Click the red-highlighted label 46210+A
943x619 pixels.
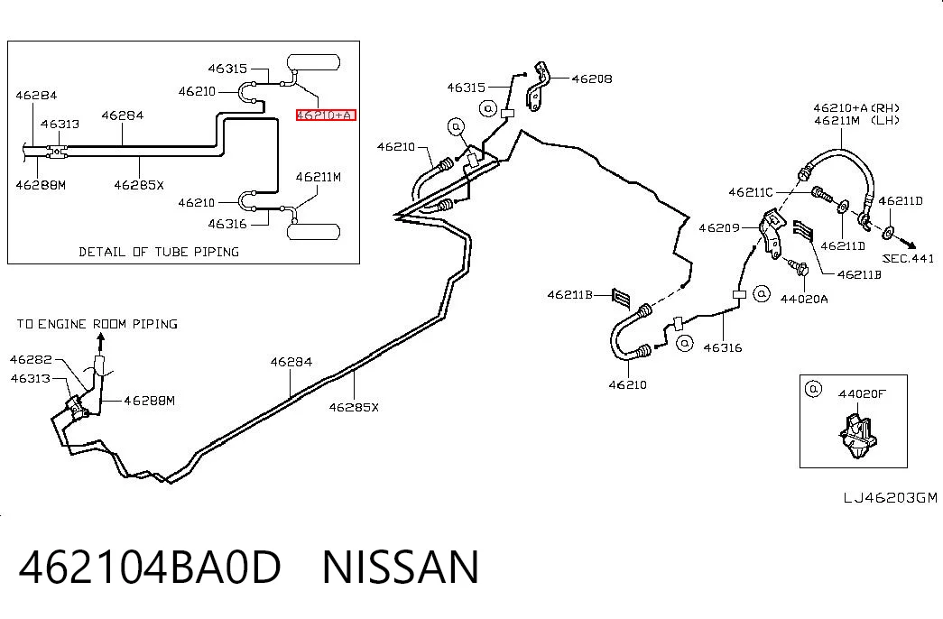click(x=326, y=115)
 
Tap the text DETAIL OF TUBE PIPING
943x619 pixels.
click(x=159, y=252)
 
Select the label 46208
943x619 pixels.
click(x=592, y=79)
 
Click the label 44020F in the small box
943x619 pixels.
click(x=862, y=394)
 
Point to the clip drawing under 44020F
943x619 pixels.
click(x=856, y=432)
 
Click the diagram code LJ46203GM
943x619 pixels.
click(x=890, y=497)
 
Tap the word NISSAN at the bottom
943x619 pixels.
click(x=401, y=567)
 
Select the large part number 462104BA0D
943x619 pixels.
click(x=150, y=567)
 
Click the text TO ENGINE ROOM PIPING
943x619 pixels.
click(x=97, y=324)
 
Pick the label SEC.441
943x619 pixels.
click(x=908, y=259)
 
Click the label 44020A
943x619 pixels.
click(x=804, y=299)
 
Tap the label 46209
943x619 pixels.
click(x=719, y=228)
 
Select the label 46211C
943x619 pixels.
click(x=751, y=192)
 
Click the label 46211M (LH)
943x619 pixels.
click(x=856, y=120)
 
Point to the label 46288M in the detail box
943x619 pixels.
click(x=41, y=185)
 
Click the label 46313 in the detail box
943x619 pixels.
click(x=60, y=124)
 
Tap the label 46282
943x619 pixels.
click(x=31, y=360)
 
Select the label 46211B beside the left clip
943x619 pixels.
click(x=569, y=295)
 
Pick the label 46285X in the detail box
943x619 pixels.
click(x=139, y=185)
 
